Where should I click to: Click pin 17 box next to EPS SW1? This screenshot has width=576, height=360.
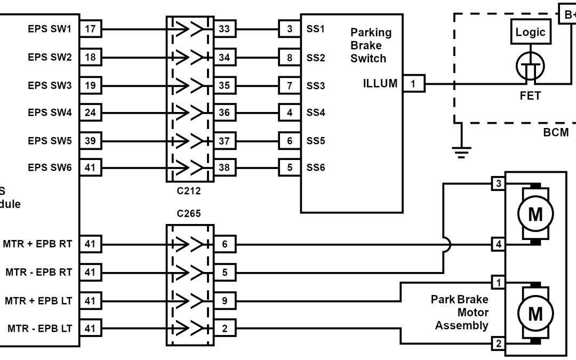click(91, 29)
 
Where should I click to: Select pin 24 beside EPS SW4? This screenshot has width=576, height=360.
click(91, 113)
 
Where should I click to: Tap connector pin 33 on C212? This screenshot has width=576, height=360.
click(225, 29)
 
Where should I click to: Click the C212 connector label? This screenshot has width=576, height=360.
click(189, 190)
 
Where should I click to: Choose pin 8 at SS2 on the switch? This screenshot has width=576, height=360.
click(290, 57)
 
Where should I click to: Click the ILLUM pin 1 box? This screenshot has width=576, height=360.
click(414, 84)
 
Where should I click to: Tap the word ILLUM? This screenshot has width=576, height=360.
click(379, 84)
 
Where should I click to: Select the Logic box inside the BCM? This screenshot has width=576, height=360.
click(530, 32)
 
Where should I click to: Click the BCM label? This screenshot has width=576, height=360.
click(556, 133)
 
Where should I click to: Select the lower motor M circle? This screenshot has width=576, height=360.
click(535, 314)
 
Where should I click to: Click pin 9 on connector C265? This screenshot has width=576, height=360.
click(225, 301)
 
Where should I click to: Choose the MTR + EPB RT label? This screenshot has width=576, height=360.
click(37, 245)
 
